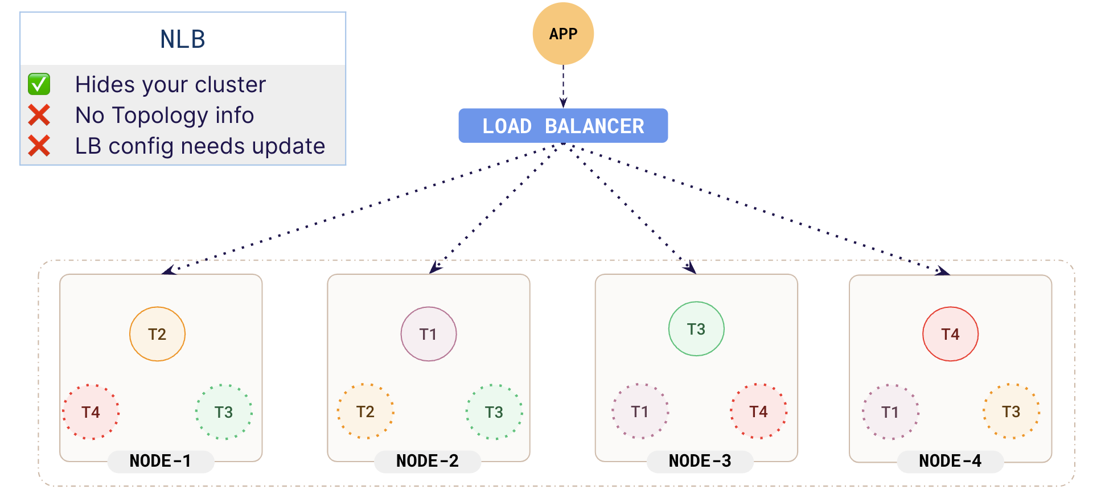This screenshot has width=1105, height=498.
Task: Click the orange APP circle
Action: (x=563, y=34)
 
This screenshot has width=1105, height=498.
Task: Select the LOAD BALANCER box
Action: (x=563, y=126)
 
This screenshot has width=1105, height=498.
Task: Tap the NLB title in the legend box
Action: (x=183, y=39)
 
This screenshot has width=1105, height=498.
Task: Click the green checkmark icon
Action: (x=39, y=84)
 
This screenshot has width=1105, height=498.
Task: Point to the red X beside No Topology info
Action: (x=39, y=115)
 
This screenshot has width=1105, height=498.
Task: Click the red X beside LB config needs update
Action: (x=39, y=146)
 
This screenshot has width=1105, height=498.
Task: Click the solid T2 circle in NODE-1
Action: (x=157, y=334)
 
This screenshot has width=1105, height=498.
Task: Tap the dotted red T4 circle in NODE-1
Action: (x=91, y=411)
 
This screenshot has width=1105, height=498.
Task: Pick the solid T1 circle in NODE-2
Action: (x=428, y=334)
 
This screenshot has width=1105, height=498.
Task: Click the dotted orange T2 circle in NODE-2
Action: (x=365, y=411)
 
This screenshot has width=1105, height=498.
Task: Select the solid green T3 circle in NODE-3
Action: (x=696, y=329)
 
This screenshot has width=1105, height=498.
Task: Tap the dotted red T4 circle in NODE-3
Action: (x=758, y=411)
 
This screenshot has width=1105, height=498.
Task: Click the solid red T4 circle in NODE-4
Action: (x=950, y=334)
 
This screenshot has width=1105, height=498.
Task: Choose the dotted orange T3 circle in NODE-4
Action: (x=1010, y=411)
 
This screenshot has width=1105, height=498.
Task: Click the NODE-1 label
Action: (x=161, y=461)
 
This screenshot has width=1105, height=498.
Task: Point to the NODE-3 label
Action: (x=700, y=461)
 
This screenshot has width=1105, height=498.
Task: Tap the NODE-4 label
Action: (x=950, y=461)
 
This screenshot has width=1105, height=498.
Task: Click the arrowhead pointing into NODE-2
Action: (x=436, y=267)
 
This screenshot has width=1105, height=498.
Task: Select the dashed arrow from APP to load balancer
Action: (x=563, y=85)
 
